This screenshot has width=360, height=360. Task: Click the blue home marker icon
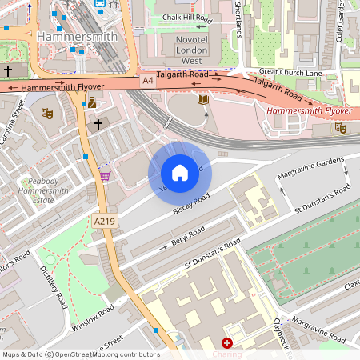coord(180,173)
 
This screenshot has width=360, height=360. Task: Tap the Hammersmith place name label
coord(77,37)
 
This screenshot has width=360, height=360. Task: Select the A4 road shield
coord(148,81)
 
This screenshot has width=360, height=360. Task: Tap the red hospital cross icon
coord(227,342)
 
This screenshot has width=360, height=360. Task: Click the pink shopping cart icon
coord(105,175)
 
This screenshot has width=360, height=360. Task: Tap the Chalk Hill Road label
coord(186,17)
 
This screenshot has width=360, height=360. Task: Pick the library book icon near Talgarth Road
coord(203,99)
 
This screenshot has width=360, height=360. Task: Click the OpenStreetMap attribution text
coord(80,354)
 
